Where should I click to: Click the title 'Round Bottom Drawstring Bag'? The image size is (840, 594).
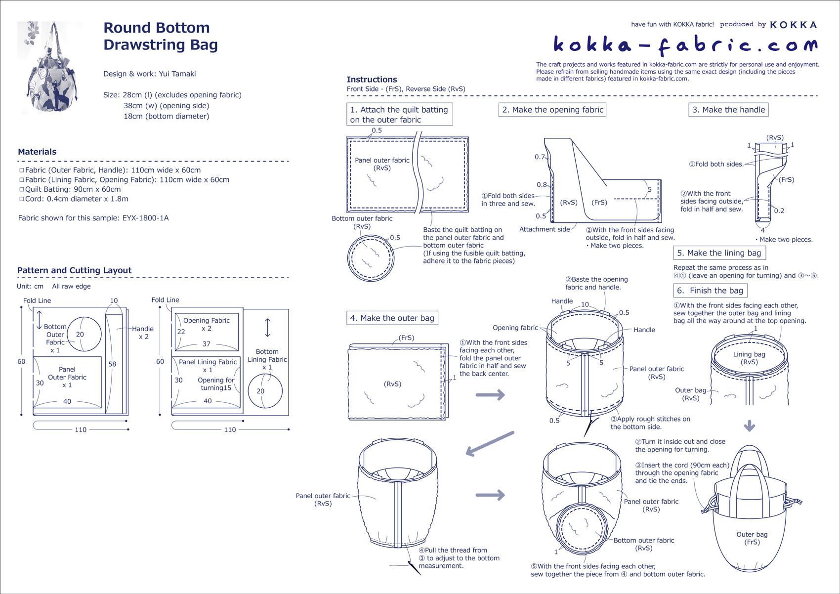point(160,36)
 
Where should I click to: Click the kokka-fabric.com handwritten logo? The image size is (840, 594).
point(685,45)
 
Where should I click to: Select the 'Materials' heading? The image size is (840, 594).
point(37,152)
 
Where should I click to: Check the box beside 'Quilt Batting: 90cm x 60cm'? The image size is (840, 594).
point(22,189)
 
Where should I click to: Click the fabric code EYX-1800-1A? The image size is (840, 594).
point(145,218)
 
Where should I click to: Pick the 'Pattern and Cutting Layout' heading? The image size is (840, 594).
point(74,270)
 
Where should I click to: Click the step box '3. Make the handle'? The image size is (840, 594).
point(728,110)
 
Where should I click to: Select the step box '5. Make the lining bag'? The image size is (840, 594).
point(719,253)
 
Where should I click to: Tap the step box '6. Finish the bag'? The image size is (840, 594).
point(710,291)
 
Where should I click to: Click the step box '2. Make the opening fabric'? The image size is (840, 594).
point(552,110)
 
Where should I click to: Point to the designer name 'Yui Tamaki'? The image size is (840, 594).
point(177,74)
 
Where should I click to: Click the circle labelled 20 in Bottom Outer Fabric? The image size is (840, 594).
point(84,334)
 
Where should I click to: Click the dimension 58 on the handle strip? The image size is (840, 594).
point(113,364)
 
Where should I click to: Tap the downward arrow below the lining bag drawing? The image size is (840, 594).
point(750,425)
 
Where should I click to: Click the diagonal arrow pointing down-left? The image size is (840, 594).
point(489,443)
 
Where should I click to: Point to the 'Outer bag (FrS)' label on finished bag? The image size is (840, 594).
point(752,538)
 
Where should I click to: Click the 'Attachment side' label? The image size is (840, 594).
point(544,229)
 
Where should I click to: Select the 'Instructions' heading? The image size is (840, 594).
point(372,80)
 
